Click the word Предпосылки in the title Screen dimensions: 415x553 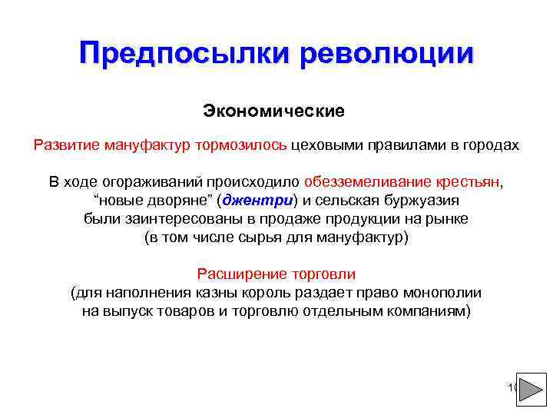pos(185,54)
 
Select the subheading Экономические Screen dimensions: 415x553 pos(274,111)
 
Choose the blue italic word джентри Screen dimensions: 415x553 pos(257,201)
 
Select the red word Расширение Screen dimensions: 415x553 pos(236,274)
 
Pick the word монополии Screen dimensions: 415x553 pos(445,293)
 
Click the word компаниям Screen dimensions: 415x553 pos(429,311)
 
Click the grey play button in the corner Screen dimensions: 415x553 pos(531,389)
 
